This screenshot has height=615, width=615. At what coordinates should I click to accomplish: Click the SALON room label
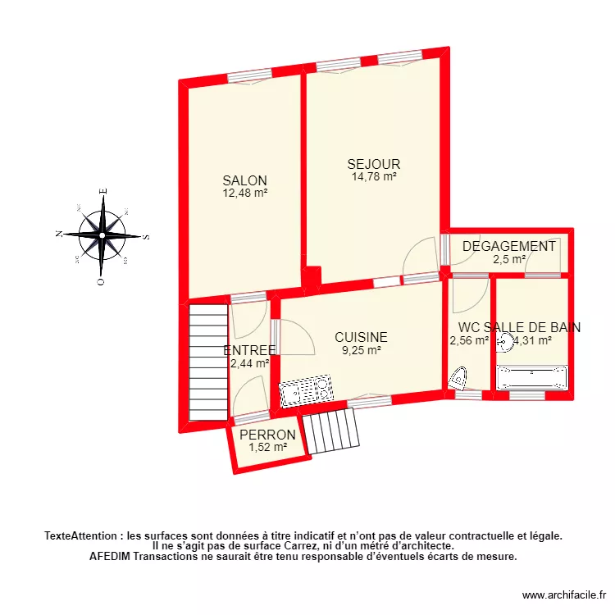pos(245,180)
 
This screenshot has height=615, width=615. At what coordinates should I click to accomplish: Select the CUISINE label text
pos(361,337)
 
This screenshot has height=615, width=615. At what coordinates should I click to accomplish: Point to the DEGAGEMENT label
pos(508,247)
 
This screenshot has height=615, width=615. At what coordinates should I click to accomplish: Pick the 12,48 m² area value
pos(245,194)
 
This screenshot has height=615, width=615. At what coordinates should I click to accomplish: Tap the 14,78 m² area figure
pos(374,176)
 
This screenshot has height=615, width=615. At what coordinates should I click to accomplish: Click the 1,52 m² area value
pos(268,448)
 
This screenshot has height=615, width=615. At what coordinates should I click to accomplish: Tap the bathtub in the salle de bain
pos(532,377)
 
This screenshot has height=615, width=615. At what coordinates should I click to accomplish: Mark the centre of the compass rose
pos(102,235)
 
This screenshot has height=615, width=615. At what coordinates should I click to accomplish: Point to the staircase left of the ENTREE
pos(208,363)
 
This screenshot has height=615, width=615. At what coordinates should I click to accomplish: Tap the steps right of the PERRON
pos(330,431)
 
